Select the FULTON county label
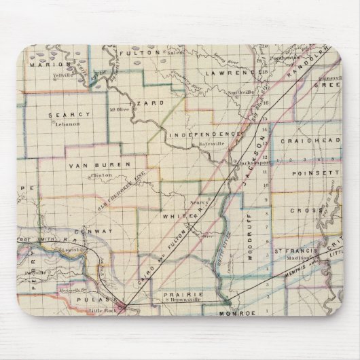coord(138,52)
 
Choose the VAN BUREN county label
coord(91,165)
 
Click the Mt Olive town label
coord(119,107)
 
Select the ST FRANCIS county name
coord(295,253)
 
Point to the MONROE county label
coord(236,314)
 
